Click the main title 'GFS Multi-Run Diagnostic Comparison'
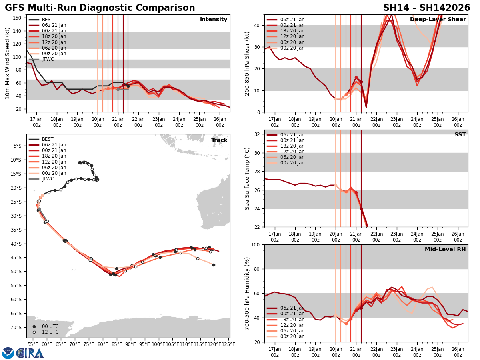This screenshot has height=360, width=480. click(x=100, y=8)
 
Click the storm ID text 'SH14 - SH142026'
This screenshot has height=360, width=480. click(x=426, y=8)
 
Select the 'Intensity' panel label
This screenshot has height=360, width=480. click(x=214, y=20)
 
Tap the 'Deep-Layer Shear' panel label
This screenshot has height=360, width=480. click(x=438, y=20)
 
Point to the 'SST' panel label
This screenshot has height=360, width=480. click(x=460, y=135)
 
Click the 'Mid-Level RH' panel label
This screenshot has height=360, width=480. click(x=445, y=250)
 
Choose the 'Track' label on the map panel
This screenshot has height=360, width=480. click(x=219, y=140)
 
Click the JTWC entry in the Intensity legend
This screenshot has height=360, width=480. click(x=48, y=59)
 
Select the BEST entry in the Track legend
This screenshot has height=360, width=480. click(x=48, y=139)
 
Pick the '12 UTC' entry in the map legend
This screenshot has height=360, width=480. click(x=50, y=332)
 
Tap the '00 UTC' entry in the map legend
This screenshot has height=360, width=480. click(x=50, y=326)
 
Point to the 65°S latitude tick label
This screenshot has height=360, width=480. click(x=16, y=313)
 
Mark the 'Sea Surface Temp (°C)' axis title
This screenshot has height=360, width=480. click(x=247, y=178)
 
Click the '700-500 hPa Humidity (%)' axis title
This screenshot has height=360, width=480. click(x=247, y=293)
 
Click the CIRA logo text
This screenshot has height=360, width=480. click(x=30, y=353)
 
